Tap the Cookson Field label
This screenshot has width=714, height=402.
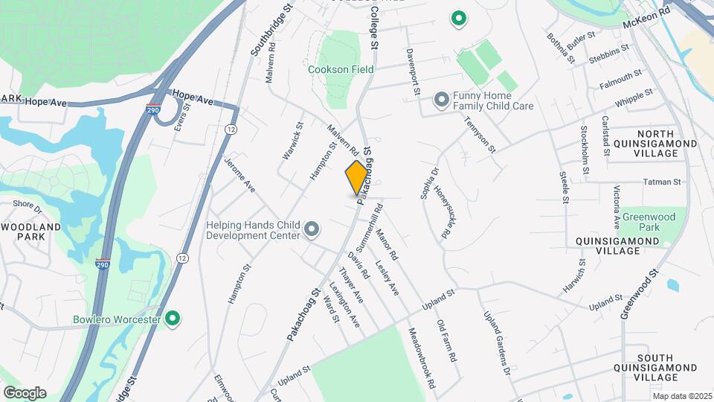pyautogui.click(x=341, y=69)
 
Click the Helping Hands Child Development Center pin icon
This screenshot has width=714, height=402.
pyautogui.click(x=312, y=229)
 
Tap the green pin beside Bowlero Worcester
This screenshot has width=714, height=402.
pyautogui.click(x=173, y=319)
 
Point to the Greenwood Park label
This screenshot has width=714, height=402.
pyautogui.click(x=642, y=222)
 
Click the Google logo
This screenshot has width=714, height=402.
pyautogui.click(x=25, y=392)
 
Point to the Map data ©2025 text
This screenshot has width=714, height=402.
pyautogui.click(x=682, y=396)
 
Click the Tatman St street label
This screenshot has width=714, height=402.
pyautogui.click(x=661, y=181)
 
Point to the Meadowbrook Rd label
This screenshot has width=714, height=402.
pyautogui.click(x=422, y=356)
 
